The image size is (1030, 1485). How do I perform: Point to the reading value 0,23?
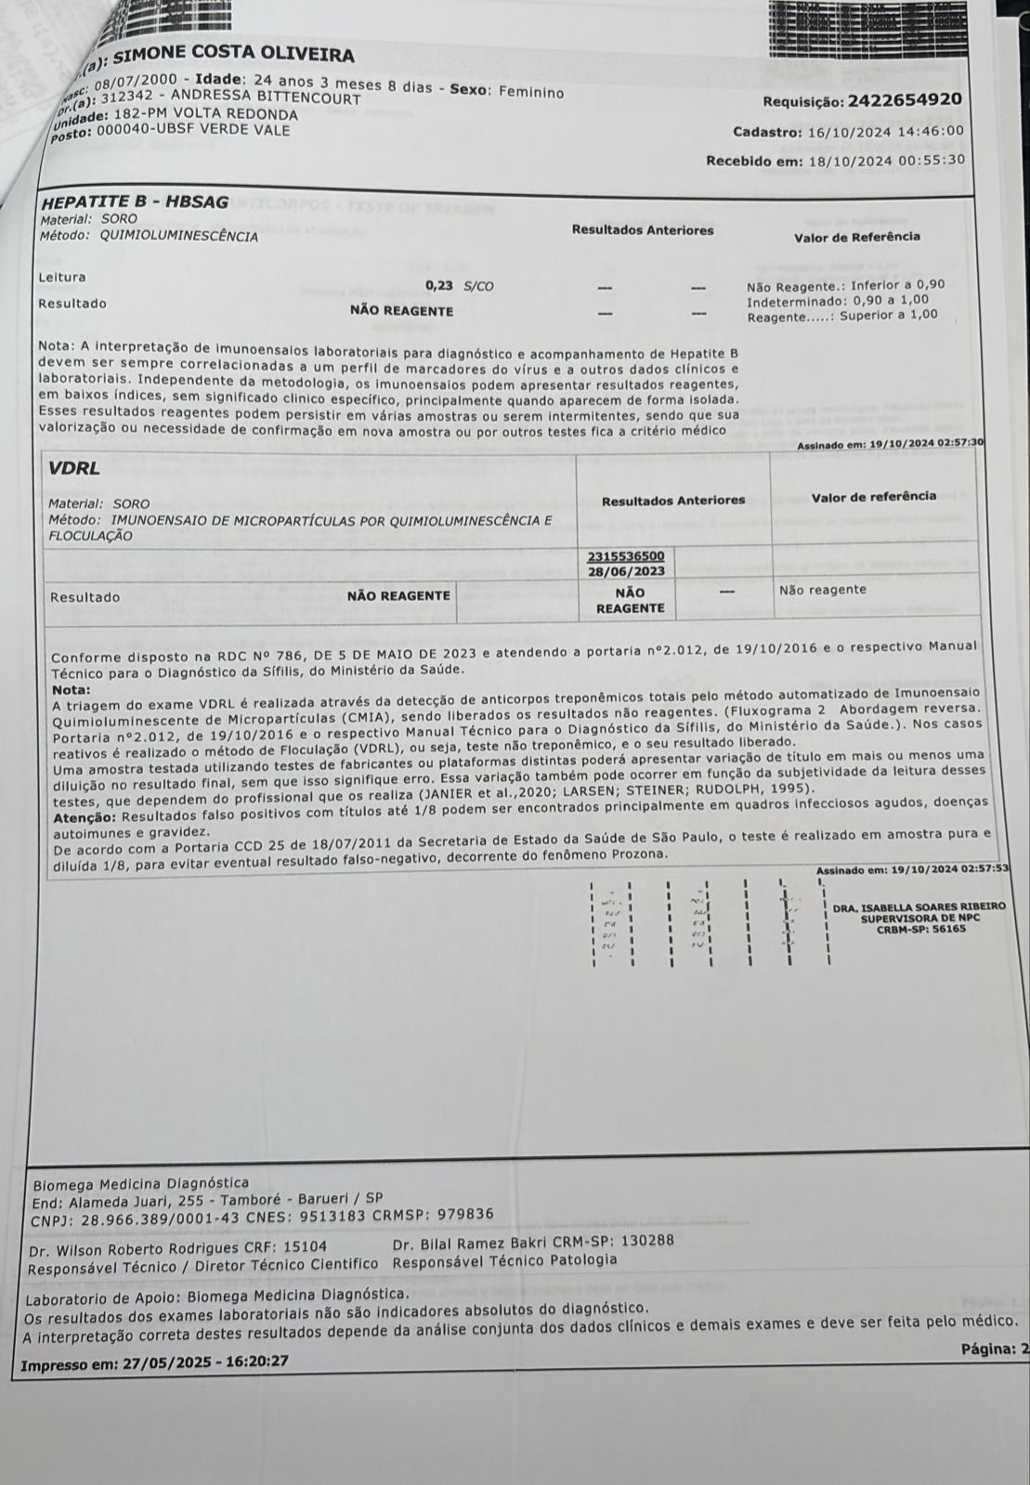[439, 286]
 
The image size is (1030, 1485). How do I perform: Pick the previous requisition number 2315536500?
[626, 554]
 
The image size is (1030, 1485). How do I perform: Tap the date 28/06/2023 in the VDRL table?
[626, 571]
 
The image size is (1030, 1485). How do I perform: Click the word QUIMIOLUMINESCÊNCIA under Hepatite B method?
[178, 237]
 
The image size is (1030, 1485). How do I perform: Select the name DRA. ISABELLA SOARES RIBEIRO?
[919, 906]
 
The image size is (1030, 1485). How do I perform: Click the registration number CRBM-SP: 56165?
[919, 929]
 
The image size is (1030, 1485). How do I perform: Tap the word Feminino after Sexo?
[531, 92]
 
